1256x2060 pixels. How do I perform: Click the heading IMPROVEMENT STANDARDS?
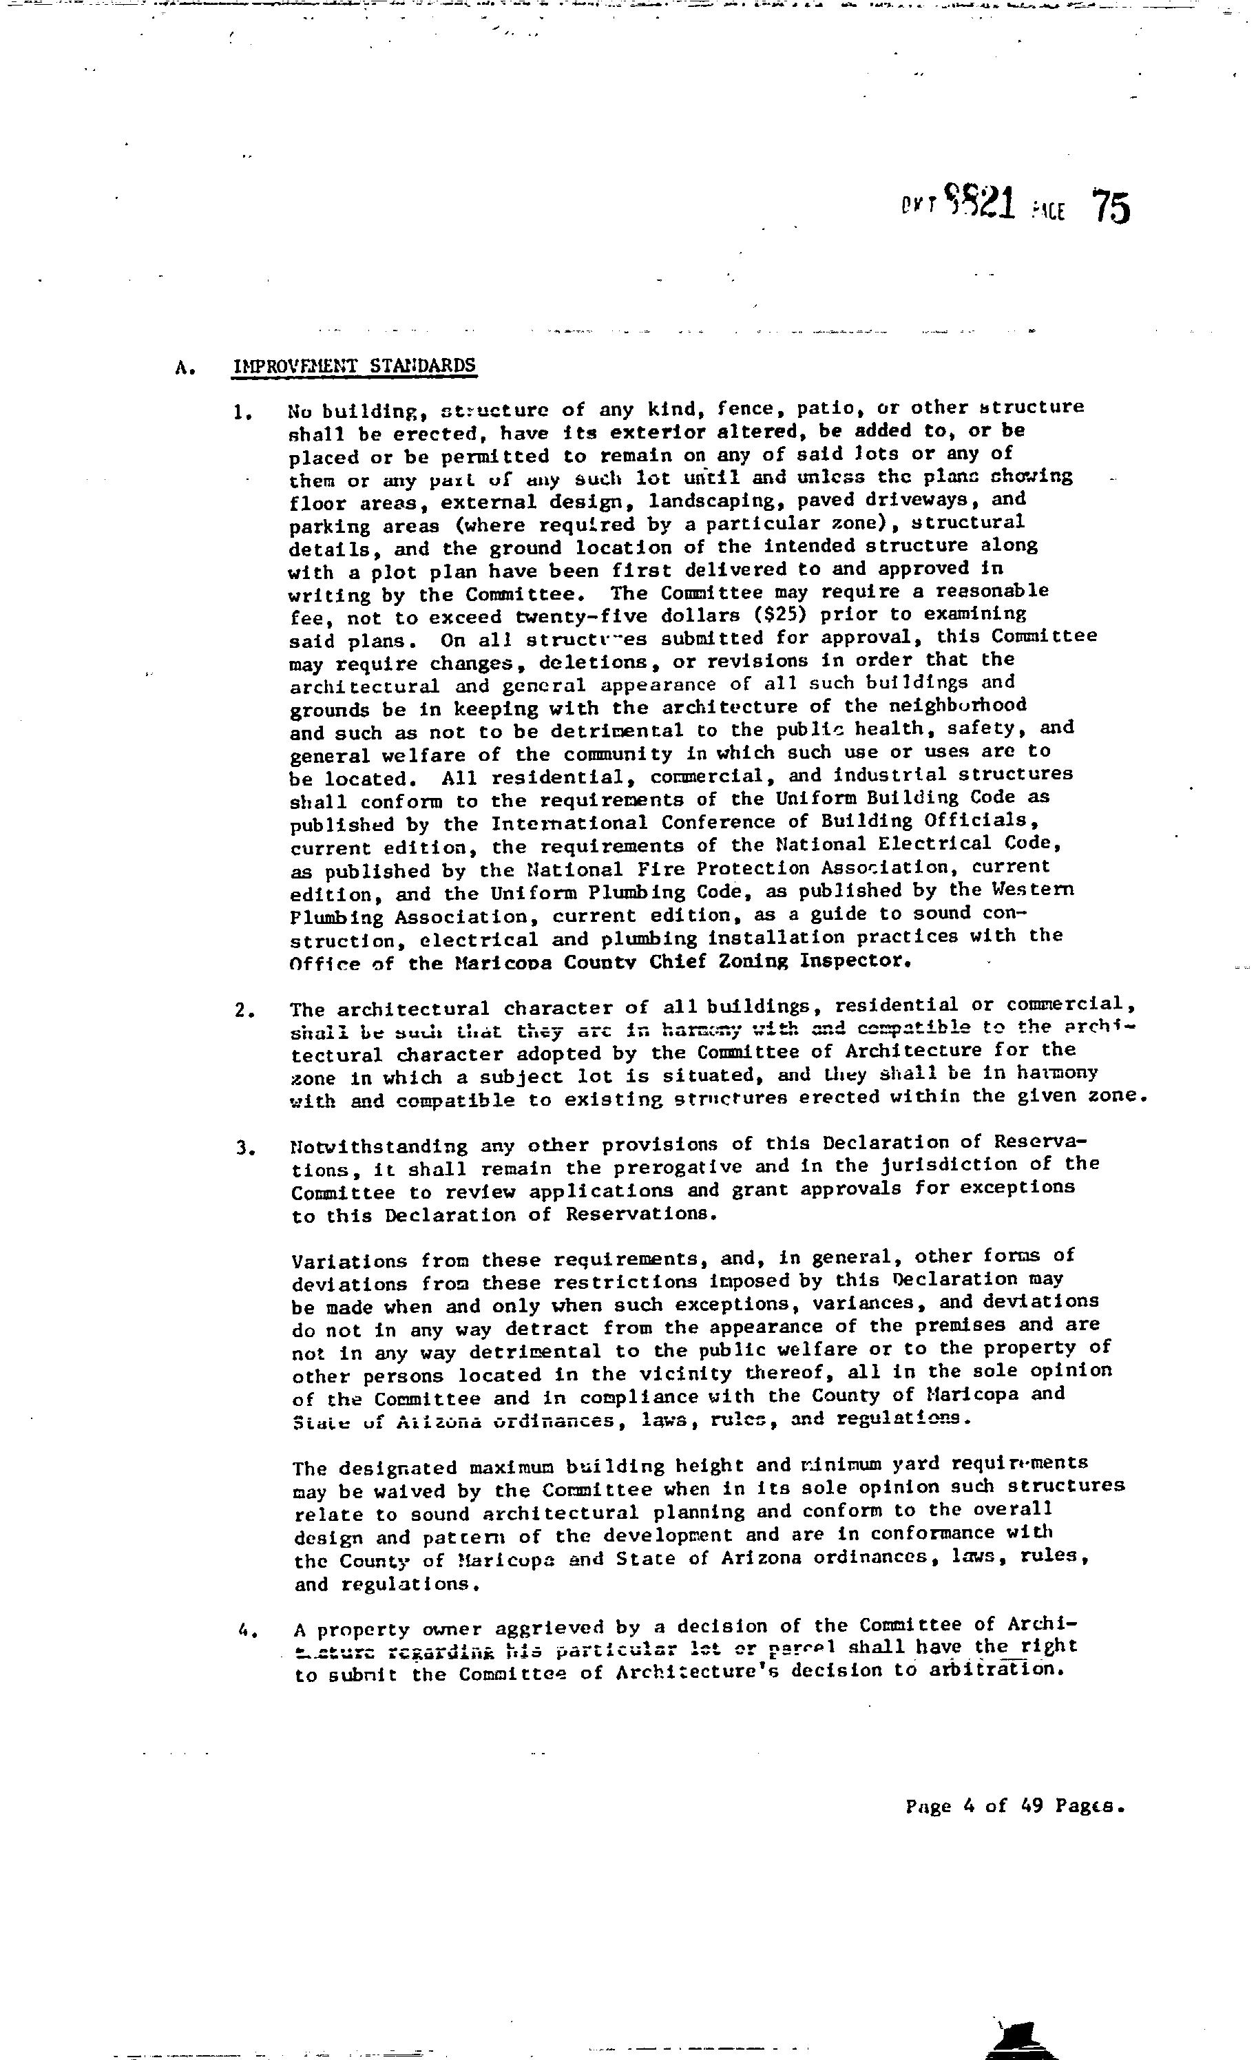(x=355, y=366)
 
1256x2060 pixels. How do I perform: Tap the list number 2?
(x=243, y=1010)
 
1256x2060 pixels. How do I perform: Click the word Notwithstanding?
(x=379, y=1146)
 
